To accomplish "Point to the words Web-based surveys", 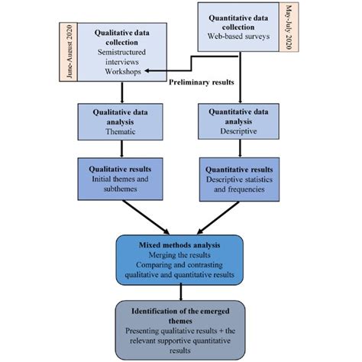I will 241,35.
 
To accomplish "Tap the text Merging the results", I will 180,257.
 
